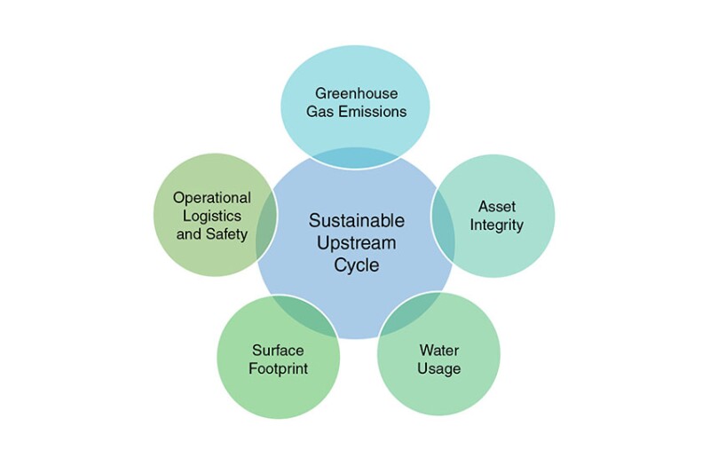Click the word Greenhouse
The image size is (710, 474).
pyautogui.click(x=357, y=93)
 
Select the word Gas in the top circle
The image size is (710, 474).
pyautogui.click(x=320, y=111)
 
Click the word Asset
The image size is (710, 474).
pyautogui.click(x=497, y=207)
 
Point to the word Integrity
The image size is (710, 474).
pyautogui.click(x=496, y=225)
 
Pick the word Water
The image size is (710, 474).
pyautogui.click(x=438, y=350)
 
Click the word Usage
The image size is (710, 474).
pyautogui.click(x=438, y=368)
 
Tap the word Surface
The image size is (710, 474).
pyautogui.click(x=278, y=350)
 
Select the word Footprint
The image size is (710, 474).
pyautogui.click(x=278, y=368)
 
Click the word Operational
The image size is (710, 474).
pyautogui.click(x=212, y=198)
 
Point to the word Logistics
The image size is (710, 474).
pyautogui.click(x=212, y=216)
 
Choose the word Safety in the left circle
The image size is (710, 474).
pyautogui.click(x=227, y=234)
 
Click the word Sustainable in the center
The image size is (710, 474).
pyautogui.click(x=357, y=220)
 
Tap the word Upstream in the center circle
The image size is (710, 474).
pyautogui.click(x=357, y=242)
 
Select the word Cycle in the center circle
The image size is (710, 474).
pyautogui.click(x=357, y=265)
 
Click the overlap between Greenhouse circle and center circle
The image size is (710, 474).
pyautogui.click(x=356, y=158)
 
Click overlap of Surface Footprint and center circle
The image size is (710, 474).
pyautogui.click(x=304, y=313)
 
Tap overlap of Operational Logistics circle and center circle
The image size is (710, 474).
pyautogui.click(x=266, y=224)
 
